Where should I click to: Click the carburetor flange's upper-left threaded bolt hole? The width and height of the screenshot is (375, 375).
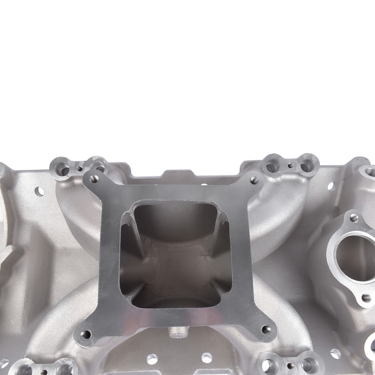click(94, 179)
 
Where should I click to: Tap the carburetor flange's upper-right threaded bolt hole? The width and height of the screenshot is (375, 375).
click(254, 180)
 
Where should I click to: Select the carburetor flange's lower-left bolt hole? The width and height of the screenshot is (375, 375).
click(86, 334)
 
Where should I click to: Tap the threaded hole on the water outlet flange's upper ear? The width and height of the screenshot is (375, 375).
click(354, 218)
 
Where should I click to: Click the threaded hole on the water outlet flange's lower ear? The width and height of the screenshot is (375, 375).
click(366, 298)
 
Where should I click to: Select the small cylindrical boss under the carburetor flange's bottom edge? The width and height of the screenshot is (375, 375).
click(175, 332)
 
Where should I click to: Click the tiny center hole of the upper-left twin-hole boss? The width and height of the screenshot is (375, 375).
click(80, 169)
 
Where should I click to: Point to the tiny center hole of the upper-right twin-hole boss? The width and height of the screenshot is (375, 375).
click(290, 165)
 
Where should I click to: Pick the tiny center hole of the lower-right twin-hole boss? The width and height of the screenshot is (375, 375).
click(289, 366)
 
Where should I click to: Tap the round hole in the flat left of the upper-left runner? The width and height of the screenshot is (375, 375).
click(39, 191)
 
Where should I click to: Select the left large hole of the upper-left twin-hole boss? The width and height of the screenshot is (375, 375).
click(62, 169)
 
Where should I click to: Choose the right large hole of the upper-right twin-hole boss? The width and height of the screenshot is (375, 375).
click(307, 165)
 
